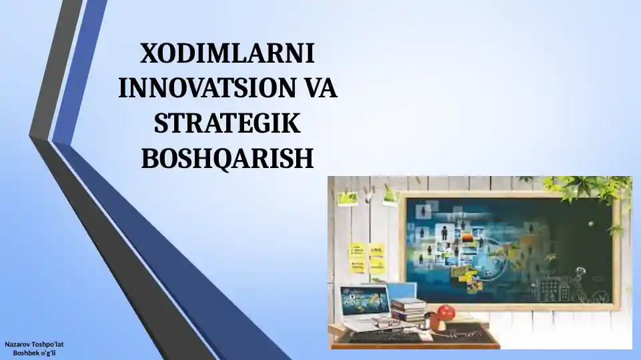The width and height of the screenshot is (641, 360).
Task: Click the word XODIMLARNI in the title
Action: pyautogui.click(x=227, y=53)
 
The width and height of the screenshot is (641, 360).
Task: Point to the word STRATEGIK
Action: pyautogui.click(x=227, y=123)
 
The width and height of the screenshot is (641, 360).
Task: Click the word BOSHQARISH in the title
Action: pyautogui.click(x=227, y=158)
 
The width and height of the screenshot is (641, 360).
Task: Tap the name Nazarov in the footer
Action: pyautogui.click(x=17, y=345)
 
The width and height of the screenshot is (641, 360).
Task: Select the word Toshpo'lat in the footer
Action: pyautogui.click(x=47, y=345)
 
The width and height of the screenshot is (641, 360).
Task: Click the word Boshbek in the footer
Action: pyautogui.click(x=25, y=353)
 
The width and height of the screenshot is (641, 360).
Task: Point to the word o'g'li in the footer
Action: pyautogui.click(x=47, y=353)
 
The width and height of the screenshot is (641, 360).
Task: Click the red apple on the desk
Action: pyautogui.click(x=446, y=312)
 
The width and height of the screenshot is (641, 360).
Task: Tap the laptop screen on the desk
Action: pyautogui.click(x=365, y=301)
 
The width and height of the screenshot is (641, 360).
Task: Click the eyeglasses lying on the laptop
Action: pyautogui.click(x=386, y=323)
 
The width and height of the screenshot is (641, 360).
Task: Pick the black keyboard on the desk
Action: pyautogui.click(x=384, y=337)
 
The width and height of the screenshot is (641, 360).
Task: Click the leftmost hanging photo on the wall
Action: pyautogui.click(x=347, y=199)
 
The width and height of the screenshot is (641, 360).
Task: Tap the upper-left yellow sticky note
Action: pyautogui.click(x=356, y=251)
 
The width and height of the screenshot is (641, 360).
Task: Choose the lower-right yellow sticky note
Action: pyautogui.click(x=377, y=267)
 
